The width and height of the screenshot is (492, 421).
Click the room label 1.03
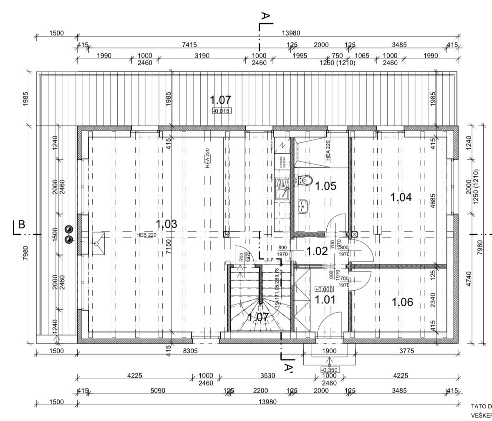(166, 224)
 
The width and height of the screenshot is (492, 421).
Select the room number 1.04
(401, 197)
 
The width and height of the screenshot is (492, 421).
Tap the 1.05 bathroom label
(325, 186)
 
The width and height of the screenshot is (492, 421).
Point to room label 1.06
(402, 302)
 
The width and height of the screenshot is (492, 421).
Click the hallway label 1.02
(317, 251)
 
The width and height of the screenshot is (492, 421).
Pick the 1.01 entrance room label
(325, 299)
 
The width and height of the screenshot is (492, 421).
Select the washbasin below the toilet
(303, 206)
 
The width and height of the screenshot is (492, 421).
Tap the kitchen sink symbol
(283, 190)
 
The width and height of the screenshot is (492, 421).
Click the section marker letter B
(21, 225)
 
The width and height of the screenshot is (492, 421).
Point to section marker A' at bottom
(288, 368)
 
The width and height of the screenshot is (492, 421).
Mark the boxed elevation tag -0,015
(222, 111)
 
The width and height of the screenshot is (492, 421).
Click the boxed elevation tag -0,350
(329, 370)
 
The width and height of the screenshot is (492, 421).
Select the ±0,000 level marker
(324, 289)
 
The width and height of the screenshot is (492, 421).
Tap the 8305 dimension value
(190, 351)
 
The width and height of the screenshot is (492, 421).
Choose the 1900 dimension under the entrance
(329, 351)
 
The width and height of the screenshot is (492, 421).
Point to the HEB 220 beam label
(146, 235)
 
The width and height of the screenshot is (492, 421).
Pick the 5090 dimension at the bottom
(158, 391)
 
